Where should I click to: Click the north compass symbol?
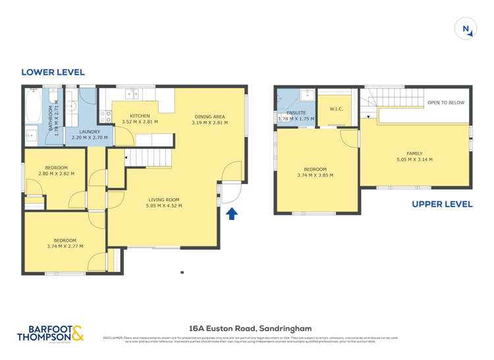[x=466, y=29]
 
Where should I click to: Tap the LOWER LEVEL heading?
[x=53, y=72]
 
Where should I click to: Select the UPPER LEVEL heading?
[x=442, y=204]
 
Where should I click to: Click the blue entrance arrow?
[x=231, y=213]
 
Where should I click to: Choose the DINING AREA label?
[x=209, y=116]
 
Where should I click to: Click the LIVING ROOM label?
[x=163, y=199]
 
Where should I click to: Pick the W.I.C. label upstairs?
[x=327, y=109]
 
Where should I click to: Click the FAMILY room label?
[x=414, y=153]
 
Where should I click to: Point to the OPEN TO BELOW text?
[x=446, y=103]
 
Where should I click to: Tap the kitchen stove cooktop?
[x=105, y=116]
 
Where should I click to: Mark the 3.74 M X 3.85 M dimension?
[x=316, y=175]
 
